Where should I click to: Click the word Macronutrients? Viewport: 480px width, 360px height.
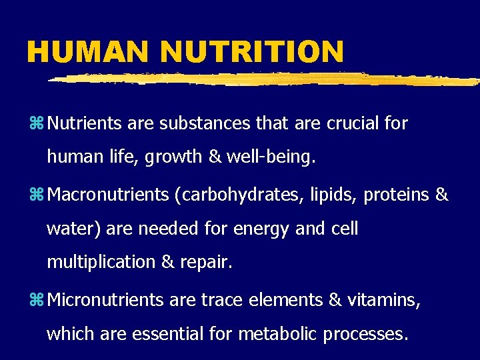point(109,195)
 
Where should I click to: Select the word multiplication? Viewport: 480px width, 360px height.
point(101,261)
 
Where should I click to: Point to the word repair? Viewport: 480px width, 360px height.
point(206,263)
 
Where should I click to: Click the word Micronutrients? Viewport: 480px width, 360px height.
point(106,300)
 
